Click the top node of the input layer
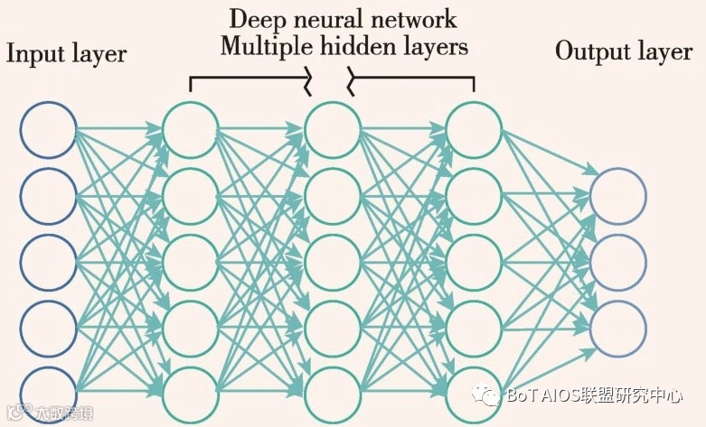click(48, 128)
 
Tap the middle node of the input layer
click(48, 262)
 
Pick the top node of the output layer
click(618, 197)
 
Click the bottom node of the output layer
click(618, 326)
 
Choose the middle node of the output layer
click(618, 262)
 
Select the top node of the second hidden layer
click(332, 128)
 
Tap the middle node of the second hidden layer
click(332, 262)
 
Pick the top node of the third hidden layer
click(474, 128)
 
